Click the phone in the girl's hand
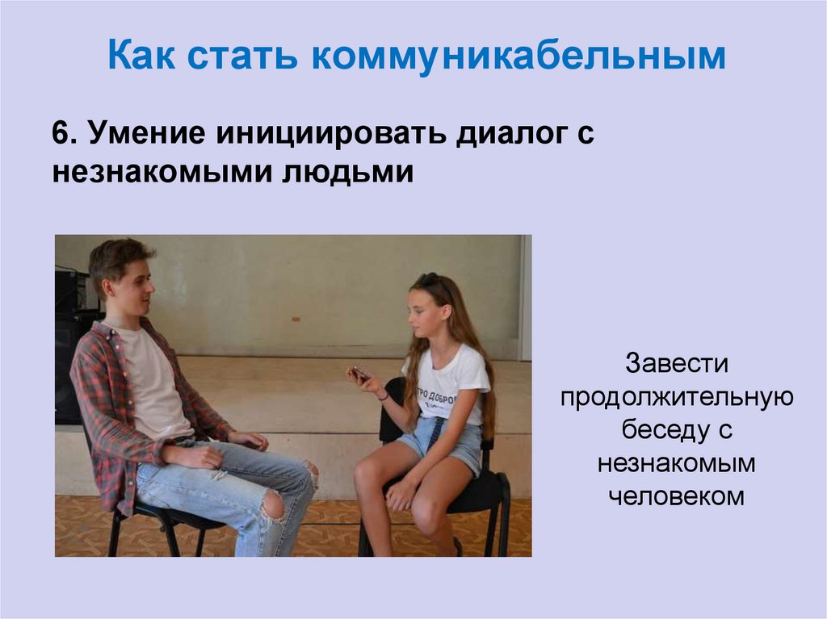pos(360,373)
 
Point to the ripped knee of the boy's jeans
pos(275,504)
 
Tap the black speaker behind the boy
pos(73,323)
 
